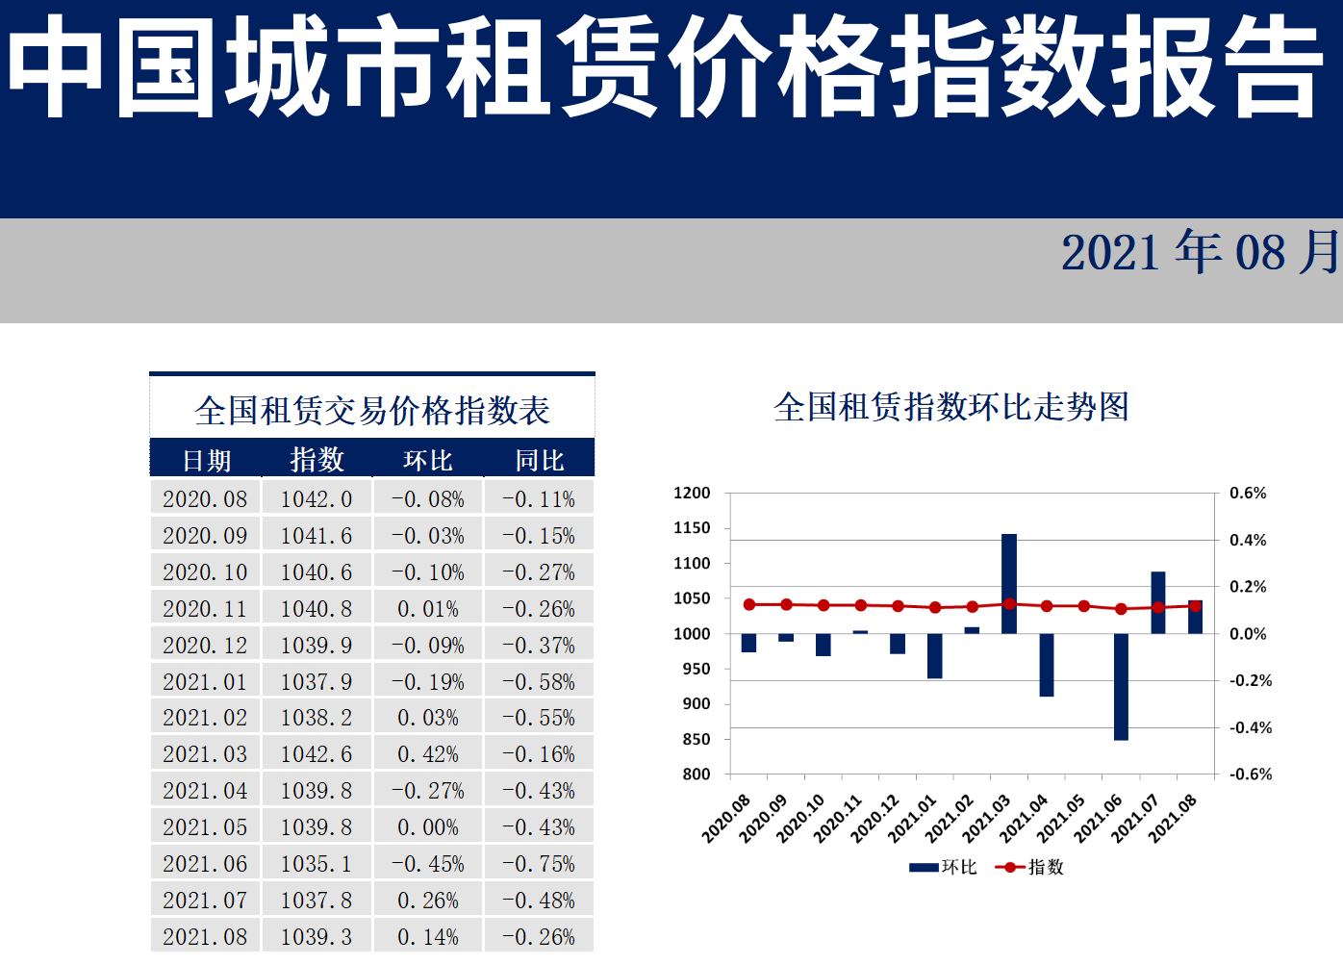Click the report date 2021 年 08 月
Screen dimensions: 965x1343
pos(1200,252)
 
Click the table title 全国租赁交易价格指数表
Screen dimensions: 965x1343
pos(372,411)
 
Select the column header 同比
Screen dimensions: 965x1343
pos(539,461)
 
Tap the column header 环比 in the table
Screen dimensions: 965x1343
pos(428,461)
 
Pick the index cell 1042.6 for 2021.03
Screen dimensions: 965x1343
pos(317,754)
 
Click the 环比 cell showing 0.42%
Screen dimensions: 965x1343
pos(428,754)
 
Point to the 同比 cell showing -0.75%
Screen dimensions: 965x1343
pos(539,864)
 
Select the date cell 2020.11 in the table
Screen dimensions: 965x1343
pos(205,609)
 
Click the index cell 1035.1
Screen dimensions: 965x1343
pos(317,864)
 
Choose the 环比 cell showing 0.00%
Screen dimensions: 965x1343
pos(428,827)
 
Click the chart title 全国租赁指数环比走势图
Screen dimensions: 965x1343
pos(951,407)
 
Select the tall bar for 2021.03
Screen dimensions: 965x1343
pos(1009,583)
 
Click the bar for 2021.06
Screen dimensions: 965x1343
pos(1121,686)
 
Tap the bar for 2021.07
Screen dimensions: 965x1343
pos(1158,602)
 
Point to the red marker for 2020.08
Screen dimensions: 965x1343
pos(749,604)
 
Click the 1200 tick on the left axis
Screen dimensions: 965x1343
pos(692,494)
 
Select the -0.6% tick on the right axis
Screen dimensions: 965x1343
pos(1251,775)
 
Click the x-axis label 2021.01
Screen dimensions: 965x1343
pos(912,819)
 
